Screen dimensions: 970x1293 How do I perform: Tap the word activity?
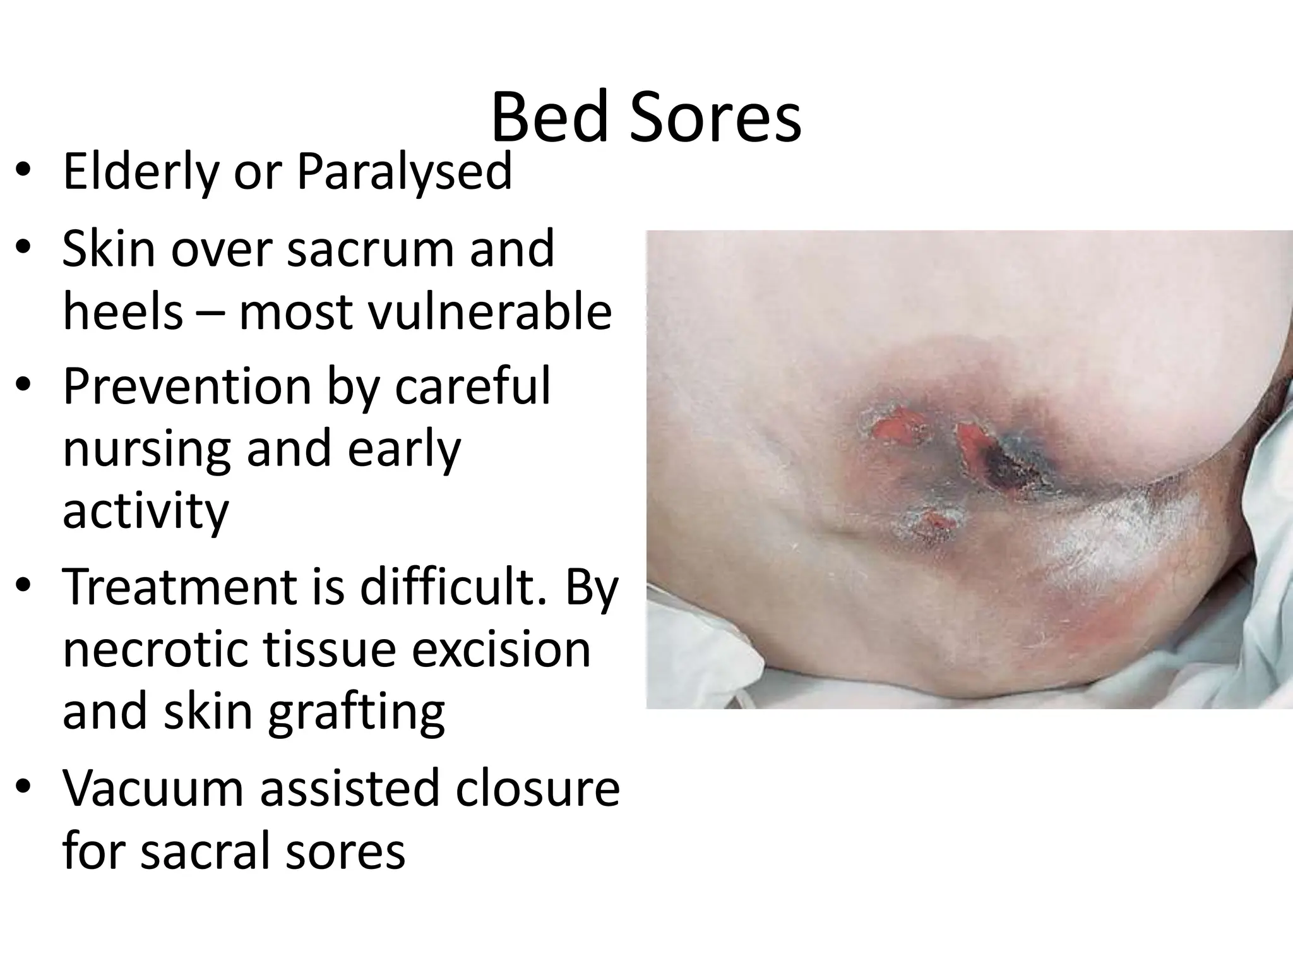145,511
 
